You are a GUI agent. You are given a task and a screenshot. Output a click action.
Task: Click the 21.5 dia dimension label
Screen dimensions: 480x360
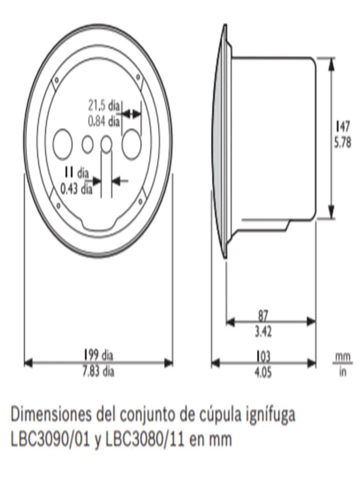point(104,104)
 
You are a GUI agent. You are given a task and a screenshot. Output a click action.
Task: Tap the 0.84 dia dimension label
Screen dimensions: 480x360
point(104,121)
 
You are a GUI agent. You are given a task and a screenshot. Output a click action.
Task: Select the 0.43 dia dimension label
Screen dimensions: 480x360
point(76,189)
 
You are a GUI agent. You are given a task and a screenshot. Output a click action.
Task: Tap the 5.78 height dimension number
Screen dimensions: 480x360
point(343,143)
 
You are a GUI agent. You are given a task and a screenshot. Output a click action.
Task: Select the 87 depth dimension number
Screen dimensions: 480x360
point(263,315)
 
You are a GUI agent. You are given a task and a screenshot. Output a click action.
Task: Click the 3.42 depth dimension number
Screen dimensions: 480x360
point(263,332)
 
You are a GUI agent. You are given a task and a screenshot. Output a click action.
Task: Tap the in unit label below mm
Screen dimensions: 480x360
point(343,374)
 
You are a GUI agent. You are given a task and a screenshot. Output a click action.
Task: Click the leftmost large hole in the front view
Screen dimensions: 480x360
point(62,143)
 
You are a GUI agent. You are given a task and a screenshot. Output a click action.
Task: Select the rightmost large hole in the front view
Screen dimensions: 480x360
point(132,143)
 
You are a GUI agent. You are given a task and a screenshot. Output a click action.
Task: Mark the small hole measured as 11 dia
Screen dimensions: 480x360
point(106,144)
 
